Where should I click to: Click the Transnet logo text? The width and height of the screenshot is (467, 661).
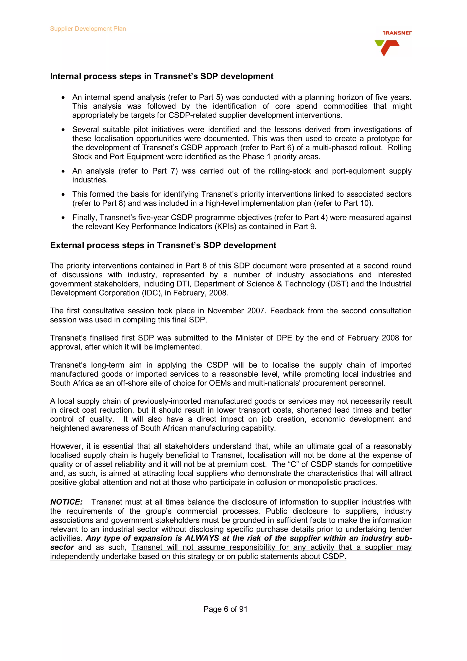point(397,33)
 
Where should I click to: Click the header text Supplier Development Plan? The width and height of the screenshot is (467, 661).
point(88,29)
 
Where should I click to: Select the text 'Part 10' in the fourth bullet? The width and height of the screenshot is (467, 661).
point(357,203)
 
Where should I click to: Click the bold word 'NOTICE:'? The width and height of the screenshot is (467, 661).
point(66,502)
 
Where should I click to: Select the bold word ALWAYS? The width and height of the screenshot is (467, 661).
point(202,538)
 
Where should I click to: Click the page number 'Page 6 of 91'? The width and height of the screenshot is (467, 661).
point(225,609)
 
